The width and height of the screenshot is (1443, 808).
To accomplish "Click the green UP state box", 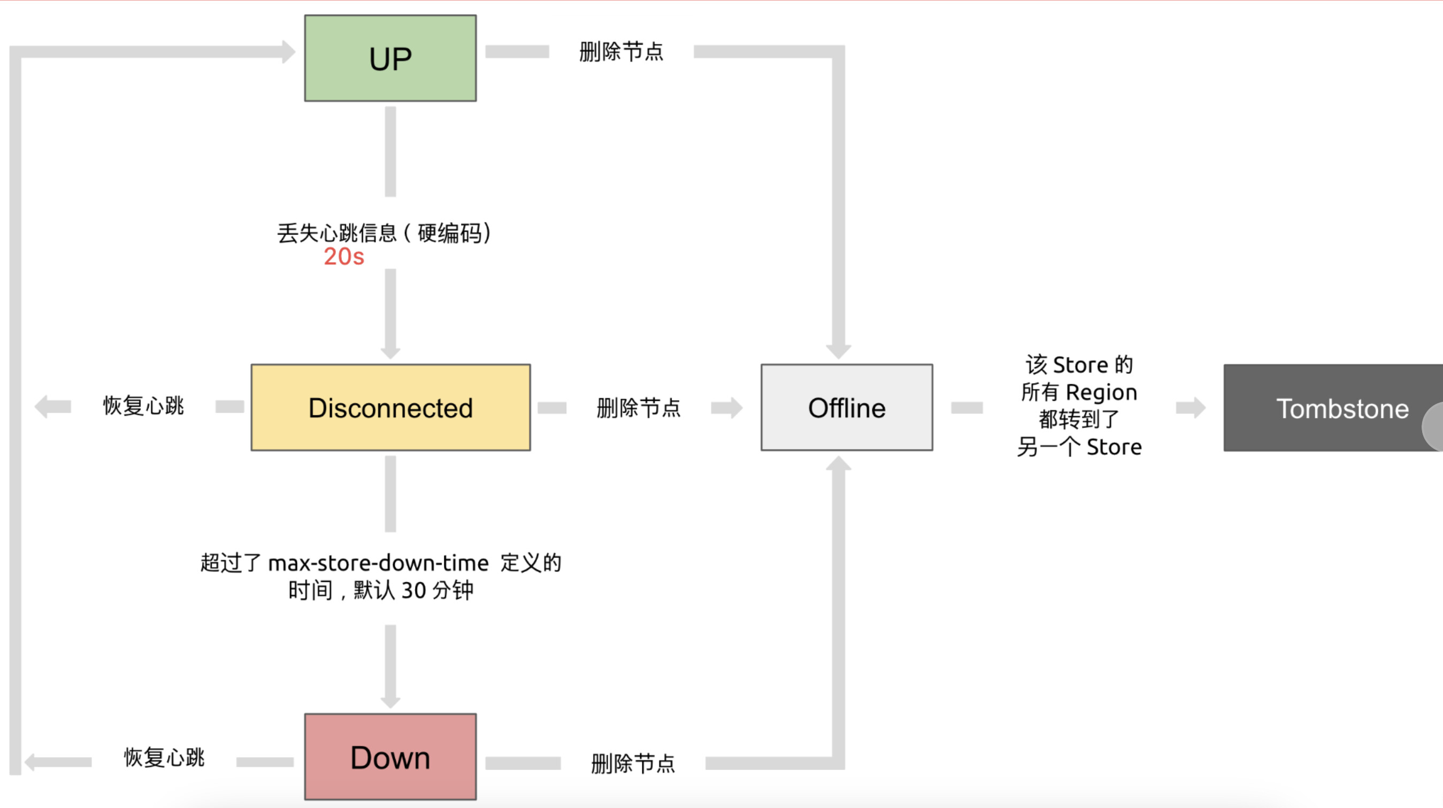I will (390, 58).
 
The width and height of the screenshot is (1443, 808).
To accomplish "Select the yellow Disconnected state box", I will (390, 407).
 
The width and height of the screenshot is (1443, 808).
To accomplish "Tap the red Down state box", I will (390, 757).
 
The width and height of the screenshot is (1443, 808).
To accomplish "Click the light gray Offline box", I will (847, 407).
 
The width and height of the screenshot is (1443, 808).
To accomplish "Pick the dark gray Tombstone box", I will (1333, 408).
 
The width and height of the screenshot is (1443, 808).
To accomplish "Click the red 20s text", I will (344, 257).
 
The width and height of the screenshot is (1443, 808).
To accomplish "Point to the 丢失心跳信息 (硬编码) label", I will (384, 233).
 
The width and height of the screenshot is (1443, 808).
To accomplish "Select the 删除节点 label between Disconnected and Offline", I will (638, 407).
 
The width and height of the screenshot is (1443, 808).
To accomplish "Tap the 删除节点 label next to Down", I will (633, 763).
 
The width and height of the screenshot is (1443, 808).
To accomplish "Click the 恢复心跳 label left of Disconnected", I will (143, 405).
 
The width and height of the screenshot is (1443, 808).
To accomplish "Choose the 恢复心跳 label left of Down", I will (164, 757).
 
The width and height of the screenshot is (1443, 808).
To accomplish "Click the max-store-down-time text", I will (378, 563).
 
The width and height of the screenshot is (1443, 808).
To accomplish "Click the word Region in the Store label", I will (1101, 392).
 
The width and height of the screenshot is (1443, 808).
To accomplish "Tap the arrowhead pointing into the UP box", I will (288, 51).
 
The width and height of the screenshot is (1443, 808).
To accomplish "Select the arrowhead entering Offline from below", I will (839, 463).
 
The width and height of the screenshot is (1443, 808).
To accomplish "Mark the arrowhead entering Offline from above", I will (839, 352).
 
